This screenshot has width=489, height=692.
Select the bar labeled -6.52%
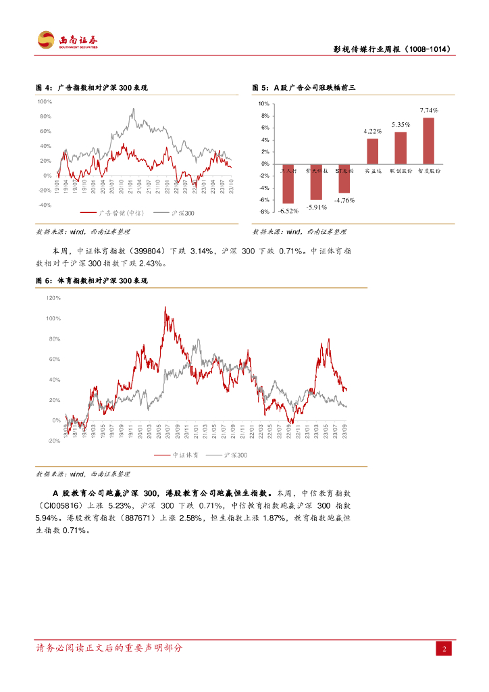pyautogui.click(x=288, y=183)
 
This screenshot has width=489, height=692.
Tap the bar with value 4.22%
pyautogui.click(x=373, y=151)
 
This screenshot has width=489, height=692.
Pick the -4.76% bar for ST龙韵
pyautogui.click(x=344, y=178)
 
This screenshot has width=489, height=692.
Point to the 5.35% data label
pyautogui.click(x=401, y=124)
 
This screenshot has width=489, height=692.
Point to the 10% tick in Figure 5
pyautogui.click(x=264, y=103)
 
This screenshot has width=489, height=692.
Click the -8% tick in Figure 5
pyautogui.click(x=264, y=212)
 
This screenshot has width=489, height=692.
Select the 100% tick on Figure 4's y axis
pyautogui.click(x=45, y=101)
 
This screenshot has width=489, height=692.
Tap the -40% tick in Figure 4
pyautogui.click(x=45, y=205)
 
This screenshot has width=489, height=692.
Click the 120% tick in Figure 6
pyautogui.click(x=53, y=297)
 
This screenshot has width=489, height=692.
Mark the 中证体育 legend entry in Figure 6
pyautogui.click(x=178, y=455)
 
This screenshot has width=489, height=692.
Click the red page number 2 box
pyautogui.click(x=444, y=649)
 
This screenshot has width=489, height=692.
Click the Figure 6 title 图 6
pyautogui.click(x=44, y=280)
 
